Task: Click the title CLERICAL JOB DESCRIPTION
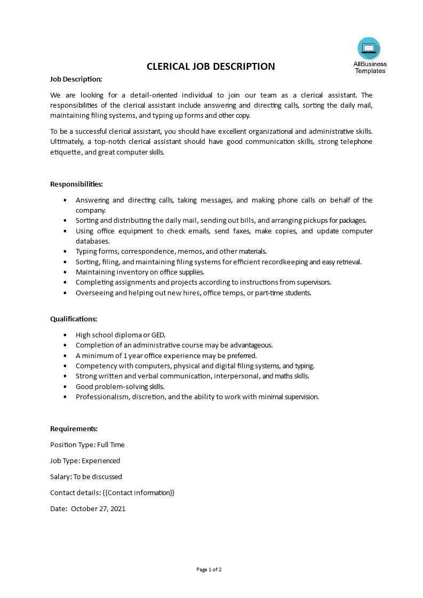click(x=211, y=67)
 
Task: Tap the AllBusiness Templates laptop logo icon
click(x=369, y=49)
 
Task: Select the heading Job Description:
click(x=76, y=79)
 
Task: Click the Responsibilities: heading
click(x=76, y=184)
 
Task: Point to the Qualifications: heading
click(x=74, y=319)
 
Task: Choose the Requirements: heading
click(x=74, y=429)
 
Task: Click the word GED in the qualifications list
click(x=158, y=335)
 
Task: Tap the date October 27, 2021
click(x=98, y=508)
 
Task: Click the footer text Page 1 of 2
click(x=209, y=570)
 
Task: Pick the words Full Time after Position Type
click(x=111, y=445)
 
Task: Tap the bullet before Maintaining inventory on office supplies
click(x=65, y=272)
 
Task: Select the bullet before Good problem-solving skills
click(x=65, y=387)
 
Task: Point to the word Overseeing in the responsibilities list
click(x=93, y=293)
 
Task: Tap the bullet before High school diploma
click(x=65, y=335)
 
